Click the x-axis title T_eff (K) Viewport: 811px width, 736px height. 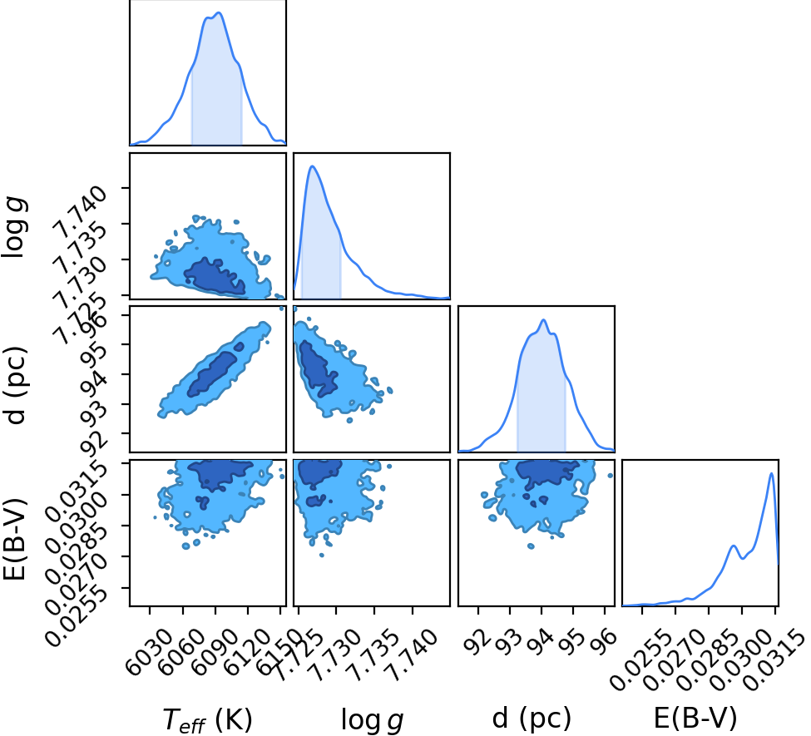pyautogui.click(x=207, y=719)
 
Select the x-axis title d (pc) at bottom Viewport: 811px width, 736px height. pyautogui.click(x=532, y=719)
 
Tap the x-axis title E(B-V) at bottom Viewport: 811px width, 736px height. pyautogui.click(x=695, y=719)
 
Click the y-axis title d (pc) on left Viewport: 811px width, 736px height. pyautogui.click(x=16, y=384)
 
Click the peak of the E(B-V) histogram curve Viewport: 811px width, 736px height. pyautogui.click(x=772, y=472)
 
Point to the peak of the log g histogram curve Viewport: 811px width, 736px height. pyautogui.click(x=312, y=166)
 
